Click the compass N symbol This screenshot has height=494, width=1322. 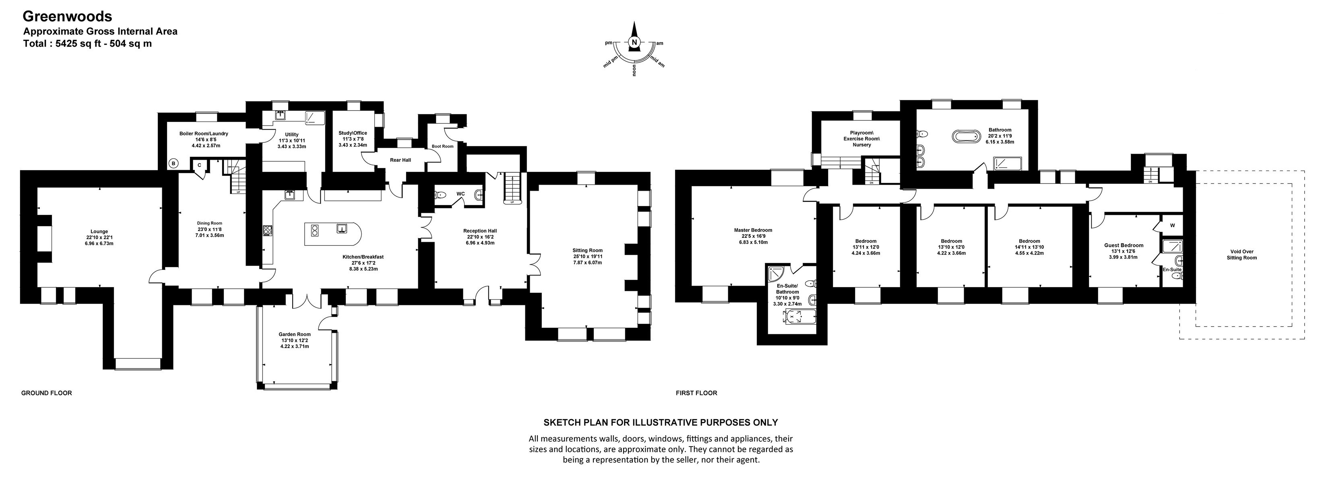pos(634,43)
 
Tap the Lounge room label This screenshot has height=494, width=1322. pos(99,231)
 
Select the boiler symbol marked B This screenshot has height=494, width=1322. pos(174,164)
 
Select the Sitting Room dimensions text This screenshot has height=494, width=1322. pos(588,259)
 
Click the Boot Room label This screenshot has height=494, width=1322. pos(442,146)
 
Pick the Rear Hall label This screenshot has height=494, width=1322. pos(400,160)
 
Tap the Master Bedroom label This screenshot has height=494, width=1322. pos(753,231)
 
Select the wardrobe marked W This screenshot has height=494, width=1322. pos(1172,225)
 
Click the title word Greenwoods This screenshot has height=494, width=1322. pos(67,16)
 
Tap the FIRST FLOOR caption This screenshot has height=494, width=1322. pos(696,393)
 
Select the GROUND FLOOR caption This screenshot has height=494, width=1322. pos(46,393)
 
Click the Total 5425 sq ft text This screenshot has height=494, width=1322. pos(87,43)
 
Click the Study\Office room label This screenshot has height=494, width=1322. pos(353,133)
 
